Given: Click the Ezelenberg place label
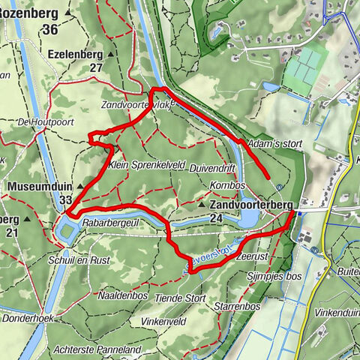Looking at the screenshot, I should [75, 54].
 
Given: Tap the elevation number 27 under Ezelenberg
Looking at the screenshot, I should [96, 67].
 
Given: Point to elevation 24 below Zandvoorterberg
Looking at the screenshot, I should [217, 217].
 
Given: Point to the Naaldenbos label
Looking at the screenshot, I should [121, 295].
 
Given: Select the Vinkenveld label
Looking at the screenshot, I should [163, 320].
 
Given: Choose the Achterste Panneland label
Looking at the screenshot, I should [98, 349].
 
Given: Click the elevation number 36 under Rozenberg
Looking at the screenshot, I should [51, 29].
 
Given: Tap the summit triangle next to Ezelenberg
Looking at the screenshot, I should [110, 55].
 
